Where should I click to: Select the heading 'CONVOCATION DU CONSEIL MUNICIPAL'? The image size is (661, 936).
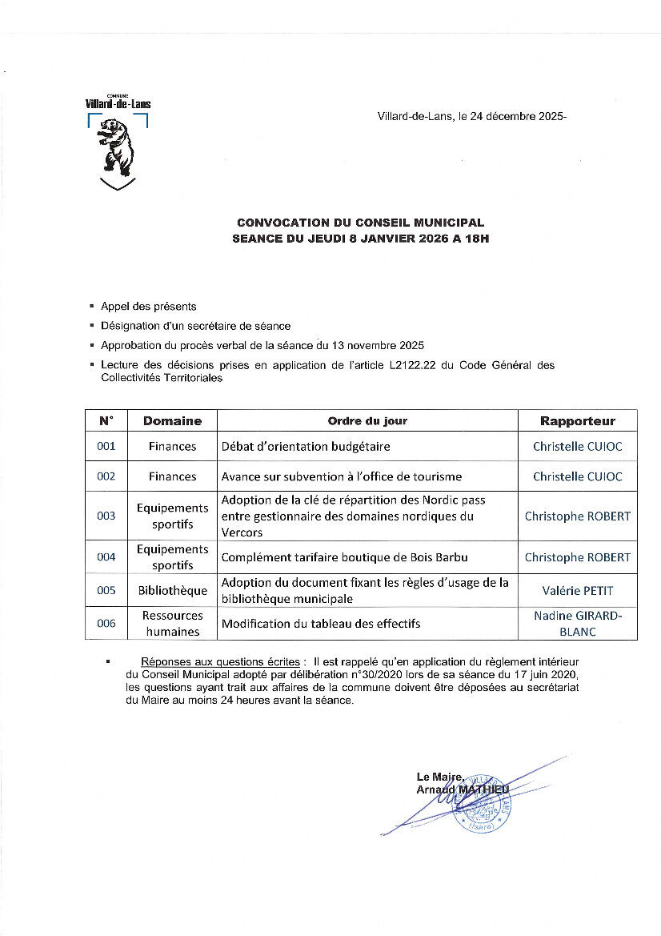[360, 223]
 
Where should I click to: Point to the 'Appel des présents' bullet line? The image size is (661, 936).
[148, 307]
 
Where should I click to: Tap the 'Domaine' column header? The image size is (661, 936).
[172, 421]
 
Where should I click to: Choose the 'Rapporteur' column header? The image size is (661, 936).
[577, 421]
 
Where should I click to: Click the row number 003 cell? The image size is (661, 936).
[106, 516]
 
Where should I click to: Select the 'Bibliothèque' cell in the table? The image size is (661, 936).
[172, 591]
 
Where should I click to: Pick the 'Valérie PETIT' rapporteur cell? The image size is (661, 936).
[577, 591]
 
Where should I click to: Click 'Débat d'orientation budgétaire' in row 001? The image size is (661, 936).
[306, 446]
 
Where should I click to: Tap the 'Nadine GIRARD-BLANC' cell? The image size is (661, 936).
[577, 624]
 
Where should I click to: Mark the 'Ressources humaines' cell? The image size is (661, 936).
[172, 624]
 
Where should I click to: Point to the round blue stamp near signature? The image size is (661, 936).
[482, 803]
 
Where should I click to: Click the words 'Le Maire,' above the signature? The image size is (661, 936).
[439, 777]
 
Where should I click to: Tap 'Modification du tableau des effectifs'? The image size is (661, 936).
[321, 624]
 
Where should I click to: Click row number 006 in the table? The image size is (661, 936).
[106, 624]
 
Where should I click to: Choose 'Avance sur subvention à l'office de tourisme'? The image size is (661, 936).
[342, 476]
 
